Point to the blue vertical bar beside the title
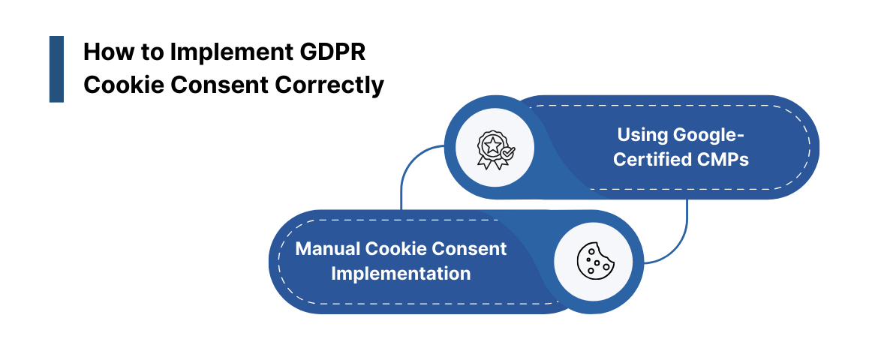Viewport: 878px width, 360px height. coord(56,69)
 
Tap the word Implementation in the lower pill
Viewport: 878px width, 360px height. coord(401,273)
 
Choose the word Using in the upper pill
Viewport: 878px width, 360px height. coord(642,135)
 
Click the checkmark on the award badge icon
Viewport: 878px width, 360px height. coord(507,152)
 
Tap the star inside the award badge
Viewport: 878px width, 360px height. coord(492,142)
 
